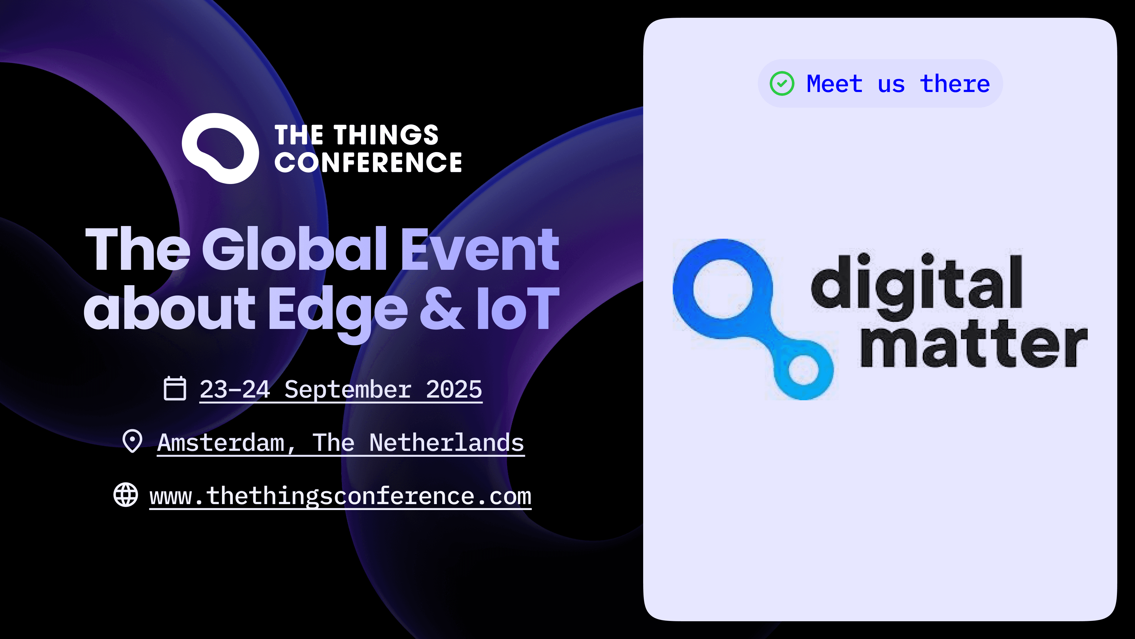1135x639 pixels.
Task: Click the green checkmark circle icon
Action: (781, 83)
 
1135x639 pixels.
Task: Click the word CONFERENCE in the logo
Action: (368, 162)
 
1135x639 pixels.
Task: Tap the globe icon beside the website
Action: (126, 495)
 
